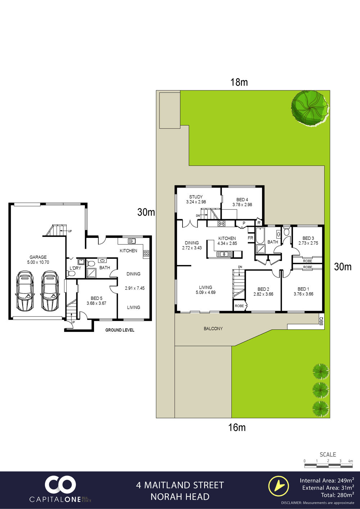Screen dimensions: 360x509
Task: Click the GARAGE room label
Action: point(38,257)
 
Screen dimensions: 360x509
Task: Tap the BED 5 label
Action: point(96,298)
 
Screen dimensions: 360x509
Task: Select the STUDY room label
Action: point(196,197)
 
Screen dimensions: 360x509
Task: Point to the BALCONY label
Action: point(213,328)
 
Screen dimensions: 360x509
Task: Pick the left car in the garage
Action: point(25,291)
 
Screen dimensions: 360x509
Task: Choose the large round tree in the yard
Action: point(310,108)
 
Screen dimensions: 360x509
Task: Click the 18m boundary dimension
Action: point(239,82)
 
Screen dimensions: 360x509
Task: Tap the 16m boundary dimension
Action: point(237,427)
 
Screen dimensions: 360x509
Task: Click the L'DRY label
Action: point(75,268)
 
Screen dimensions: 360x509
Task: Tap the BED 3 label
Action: point(308,238)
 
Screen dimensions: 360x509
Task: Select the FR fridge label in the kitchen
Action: point(251,238)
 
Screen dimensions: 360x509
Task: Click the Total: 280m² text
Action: point(338,495)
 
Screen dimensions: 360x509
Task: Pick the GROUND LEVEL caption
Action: point(120,330)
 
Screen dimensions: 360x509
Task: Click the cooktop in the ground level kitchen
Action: point(146,253)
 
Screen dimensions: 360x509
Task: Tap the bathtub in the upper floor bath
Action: point(260,236)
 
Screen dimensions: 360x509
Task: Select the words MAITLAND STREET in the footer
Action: point(184,485)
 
